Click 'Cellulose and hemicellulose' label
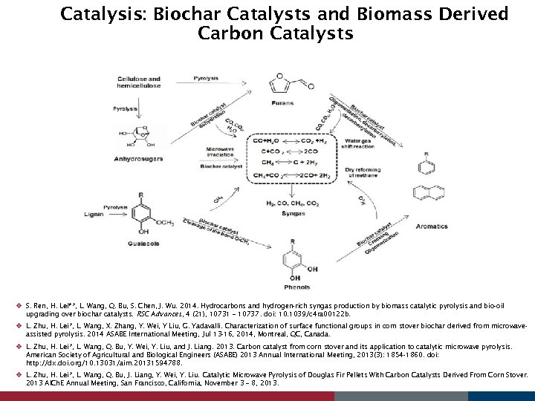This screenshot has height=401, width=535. (139, 82)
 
